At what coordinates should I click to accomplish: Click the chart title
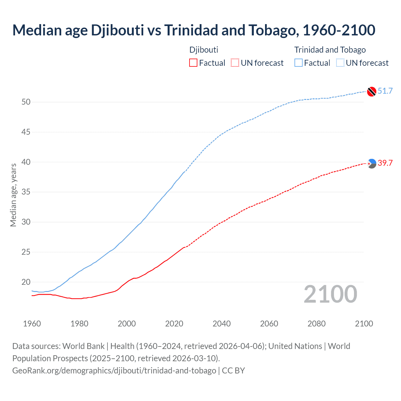(x=194, y=30)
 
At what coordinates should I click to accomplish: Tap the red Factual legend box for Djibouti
(x=193, y=63)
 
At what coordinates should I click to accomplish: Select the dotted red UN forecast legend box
(x=235, y=63)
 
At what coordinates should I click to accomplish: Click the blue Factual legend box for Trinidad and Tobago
(x=299, y=63)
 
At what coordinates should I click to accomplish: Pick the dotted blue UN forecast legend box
(x=340, y=63)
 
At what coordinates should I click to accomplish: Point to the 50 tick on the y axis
(x=26, y=102)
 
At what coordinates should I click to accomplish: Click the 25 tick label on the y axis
(x=26, y=252)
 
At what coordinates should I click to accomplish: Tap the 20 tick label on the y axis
(x=26, y=282)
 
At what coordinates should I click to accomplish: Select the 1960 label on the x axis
(x=32, y=324)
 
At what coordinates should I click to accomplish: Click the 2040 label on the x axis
(x=221, y=324)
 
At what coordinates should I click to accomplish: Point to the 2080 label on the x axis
(x=316, y=324)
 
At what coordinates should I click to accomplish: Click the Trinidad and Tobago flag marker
(x=372, y=91)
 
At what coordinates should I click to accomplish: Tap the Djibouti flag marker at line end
(x=372, y=164)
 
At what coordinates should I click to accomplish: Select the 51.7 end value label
(x=385, y=91)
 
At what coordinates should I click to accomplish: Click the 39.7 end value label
(x=385, y=163)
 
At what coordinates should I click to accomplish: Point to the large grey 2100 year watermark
(x=330, y=294)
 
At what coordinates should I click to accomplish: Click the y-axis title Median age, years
(x=13, y=195)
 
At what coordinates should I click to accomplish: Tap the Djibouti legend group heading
(x=204, y=50)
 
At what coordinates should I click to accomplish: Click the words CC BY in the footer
(x=233, y=371)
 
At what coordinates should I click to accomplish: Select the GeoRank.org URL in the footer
(x=114, y=371)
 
